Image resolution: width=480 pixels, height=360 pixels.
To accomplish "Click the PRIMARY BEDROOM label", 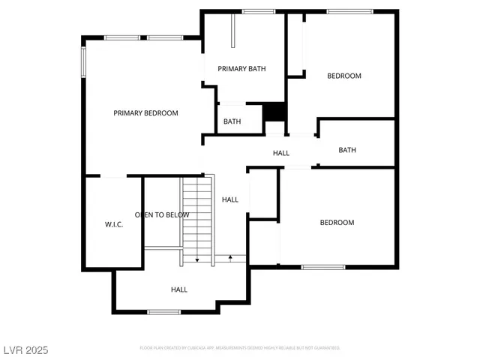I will (145, 113).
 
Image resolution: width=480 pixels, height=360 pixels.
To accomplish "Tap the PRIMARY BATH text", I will (241, 69).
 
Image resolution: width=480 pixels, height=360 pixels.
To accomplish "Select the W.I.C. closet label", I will (113, 224).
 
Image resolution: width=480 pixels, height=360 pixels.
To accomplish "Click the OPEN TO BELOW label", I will (162, 215).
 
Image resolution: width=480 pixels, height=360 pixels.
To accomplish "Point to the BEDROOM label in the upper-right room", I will (344, 76).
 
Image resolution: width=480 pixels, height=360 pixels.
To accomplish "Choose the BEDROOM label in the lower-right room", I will (337, 223).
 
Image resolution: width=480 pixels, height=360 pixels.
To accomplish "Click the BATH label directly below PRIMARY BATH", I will (232, 121).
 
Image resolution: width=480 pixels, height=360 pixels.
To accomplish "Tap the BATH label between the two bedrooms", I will (347, 150).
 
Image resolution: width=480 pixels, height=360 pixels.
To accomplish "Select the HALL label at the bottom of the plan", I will (179, 289).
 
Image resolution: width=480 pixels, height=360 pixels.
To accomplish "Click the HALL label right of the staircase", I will (230, 199).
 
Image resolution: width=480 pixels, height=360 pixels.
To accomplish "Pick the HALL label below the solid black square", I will (281, 153).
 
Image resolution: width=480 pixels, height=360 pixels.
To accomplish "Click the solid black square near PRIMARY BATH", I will (275, 111).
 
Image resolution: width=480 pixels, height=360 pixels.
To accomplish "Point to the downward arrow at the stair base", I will (197, 259).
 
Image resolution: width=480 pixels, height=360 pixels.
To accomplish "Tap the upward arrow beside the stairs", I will (230, 258).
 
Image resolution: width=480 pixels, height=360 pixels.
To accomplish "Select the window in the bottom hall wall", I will (163, 311).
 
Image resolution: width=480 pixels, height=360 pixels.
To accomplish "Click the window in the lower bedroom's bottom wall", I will (323, 266).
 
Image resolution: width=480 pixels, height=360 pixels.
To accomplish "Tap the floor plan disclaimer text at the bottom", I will (240, 348).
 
